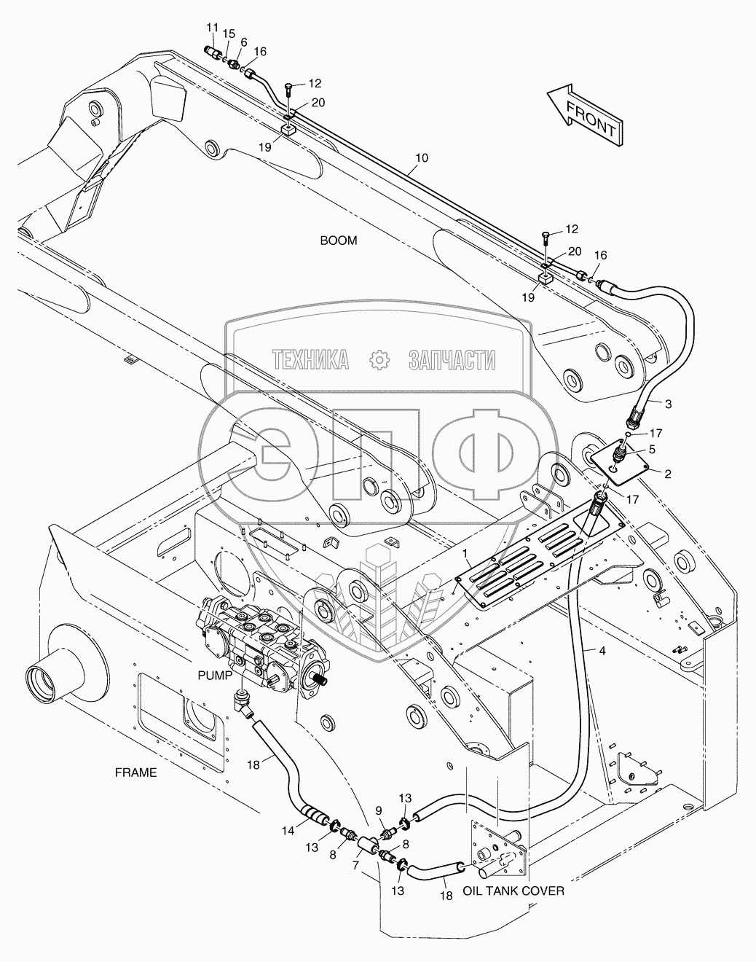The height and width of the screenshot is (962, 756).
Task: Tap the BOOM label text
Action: pos(339,240)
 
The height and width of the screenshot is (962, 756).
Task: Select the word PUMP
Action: pos(216,675)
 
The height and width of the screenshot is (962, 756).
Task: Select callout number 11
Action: pos(212,28)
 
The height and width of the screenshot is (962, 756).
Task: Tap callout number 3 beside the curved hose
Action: pos(669,403)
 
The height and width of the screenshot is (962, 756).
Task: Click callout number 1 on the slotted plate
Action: pos(464,554)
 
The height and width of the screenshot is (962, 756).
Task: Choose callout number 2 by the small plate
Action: pos(667,472)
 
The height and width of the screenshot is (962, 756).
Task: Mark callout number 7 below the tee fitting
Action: pos(356,865)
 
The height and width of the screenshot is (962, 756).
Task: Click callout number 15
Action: pos(229,34)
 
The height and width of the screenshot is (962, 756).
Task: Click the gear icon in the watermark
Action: pos(379,359)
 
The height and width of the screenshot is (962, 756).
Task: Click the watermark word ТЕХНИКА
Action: pos(309,359)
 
